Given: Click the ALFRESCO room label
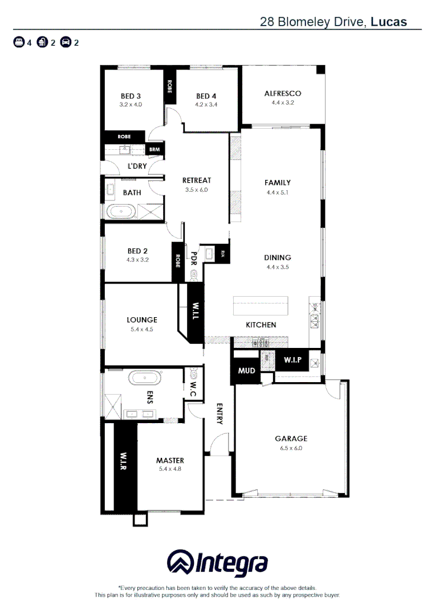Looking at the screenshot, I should click(282, 93).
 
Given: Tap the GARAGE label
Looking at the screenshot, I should click(291, 438).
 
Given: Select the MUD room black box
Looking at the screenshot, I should click(246, 371).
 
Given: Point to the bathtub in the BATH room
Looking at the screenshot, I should click(122, 212).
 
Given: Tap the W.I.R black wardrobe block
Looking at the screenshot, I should click(124, 467).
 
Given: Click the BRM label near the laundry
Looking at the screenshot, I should click(155, 150).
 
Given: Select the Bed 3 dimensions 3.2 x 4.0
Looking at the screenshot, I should click(131, 105).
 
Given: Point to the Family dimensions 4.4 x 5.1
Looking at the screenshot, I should click(277, 192).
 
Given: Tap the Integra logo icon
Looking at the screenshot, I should click(180, 563).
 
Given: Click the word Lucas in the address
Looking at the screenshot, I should click(389, 22).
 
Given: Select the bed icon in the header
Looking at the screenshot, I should click(19, 42).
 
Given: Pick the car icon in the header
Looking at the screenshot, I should click(66, 42).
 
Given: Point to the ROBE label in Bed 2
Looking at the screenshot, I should click(178, 261).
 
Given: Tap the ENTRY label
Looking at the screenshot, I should click(219, 414).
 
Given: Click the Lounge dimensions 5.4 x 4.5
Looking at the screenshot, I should click(142, 329).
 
